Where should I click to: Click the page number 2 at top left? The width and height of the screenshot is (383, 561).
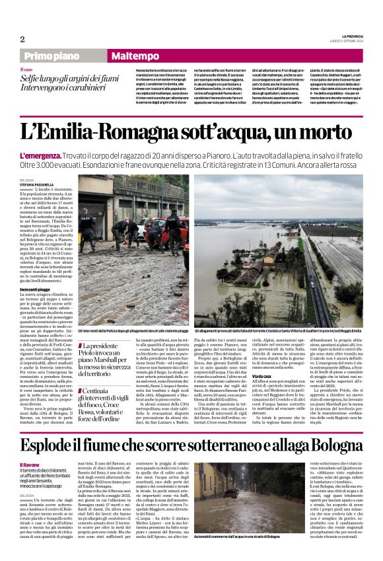click(x=22, y=39)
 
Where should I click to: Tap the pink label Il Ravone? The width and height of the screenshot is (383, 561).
click(x=30, y=466)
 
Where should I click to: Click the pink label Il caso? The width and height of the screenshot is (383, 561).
click(x=27, y=69)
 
